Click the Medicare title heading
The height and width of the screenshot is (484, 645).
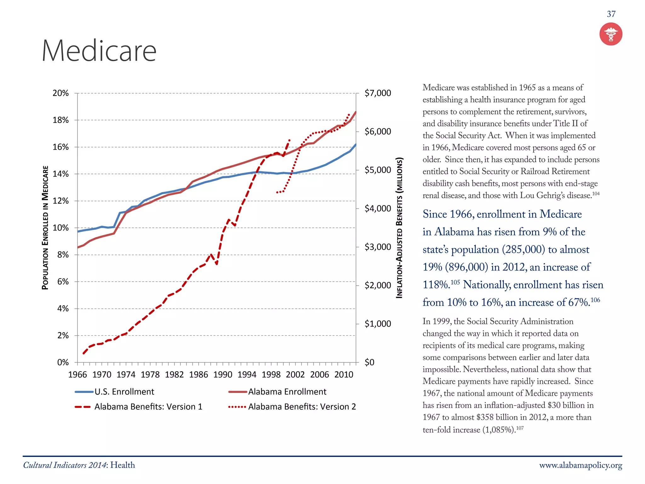coord(99,51)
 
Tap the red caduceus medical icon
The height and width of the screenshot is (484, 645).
coord(611,34)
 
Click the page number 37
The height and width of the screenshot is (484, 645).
coord(611,14)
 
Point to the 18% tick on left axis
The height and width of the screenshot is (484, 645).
coord(60,120)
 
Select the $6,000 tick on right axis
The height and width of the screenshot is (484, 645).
coord(378,131)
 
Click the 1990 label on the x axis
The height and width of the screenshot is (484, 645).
coord(223,375)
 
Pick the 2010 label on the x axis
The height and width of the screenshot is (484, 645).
coord(344,375)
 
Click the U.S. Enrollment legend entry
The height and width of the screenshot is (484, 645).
coord(124,392)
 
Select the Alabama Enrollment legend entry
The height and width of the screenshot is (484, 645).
coord(287,392)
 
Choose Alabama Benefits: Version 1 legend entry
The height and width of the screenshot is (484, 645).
coord(148,407)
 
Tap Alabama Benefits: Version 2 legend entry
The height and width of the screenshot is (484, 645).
coord(302,407)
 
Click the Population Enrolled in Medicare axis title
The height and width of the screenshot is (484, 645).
coord(45,228)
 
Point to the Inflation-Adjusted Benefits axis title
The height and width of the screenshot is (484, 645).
coord(399,228)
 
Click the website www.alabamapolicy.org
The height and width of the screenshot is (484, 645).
coord(580,465)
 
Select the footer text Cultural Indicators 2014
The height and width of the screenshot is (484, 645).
coord(65,465)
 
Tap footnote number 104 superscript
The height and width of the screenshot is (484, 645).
coord(596,193)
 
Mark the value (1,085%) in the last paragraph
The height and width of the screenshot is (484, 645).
coord(499,430)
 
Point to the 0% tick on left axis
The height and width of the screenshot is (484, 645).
coord(63,362)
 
